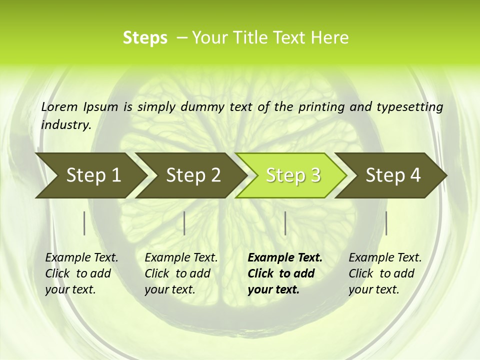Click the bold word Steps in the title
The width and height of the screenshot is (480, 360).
click(x=145, y=38)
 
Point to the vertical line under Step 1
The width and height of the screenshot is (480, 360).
click(x=84, y=223)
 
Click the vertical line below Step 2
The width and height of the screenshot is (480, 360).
click(x=184, y=223)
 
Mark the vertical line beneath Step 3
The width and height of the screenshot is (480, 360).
click(x=285, y=223)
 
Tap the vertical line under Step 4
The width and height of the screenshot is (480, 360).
click(x=386, y=223)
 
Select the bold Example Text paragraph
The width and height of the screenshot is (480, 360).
click(x=284, y=273)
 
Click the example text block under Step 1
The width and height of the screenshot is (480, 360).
click(x=81, y=273)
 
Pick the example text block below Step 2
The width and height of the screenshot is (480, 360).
click(x=181, y=273)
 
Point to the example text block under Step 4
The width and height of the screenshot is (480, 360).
click(x=385, y=273)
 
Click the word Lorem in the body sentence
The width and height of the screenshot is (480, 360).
click(x=59, y=106)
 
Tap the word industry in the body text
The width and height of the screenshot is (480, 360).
click(x=65, y=124)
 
